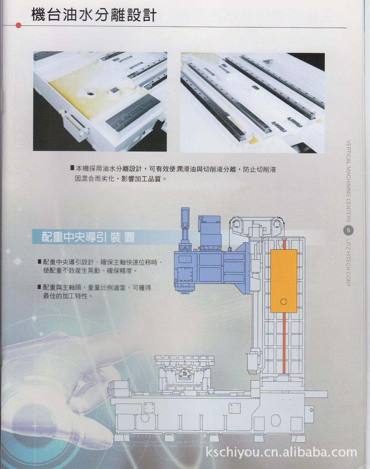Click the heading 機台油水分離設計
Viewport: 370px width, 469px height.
94,15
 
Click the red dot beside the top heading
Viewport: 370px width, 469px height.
18,26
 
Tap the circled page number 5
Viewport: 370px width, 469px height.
348,230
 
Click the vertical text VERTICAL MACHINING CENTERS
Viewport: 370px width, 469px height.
348,181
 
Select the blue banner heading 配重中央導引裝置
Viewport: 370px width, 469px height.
88,237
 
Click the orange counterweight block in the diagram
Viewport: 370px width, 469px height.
283,280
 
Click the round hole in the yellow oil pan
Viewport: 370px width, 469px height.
91,93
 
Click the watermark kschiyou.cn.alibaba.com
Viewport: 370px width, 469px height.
281,453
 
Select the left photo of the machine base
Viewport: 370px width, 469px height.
100,101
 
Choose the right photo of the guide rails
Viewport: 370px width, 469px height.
252,103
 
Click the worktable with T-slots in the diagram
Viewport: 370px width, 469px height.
184,360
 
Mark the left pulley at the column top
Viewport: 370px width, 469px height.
237,224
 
